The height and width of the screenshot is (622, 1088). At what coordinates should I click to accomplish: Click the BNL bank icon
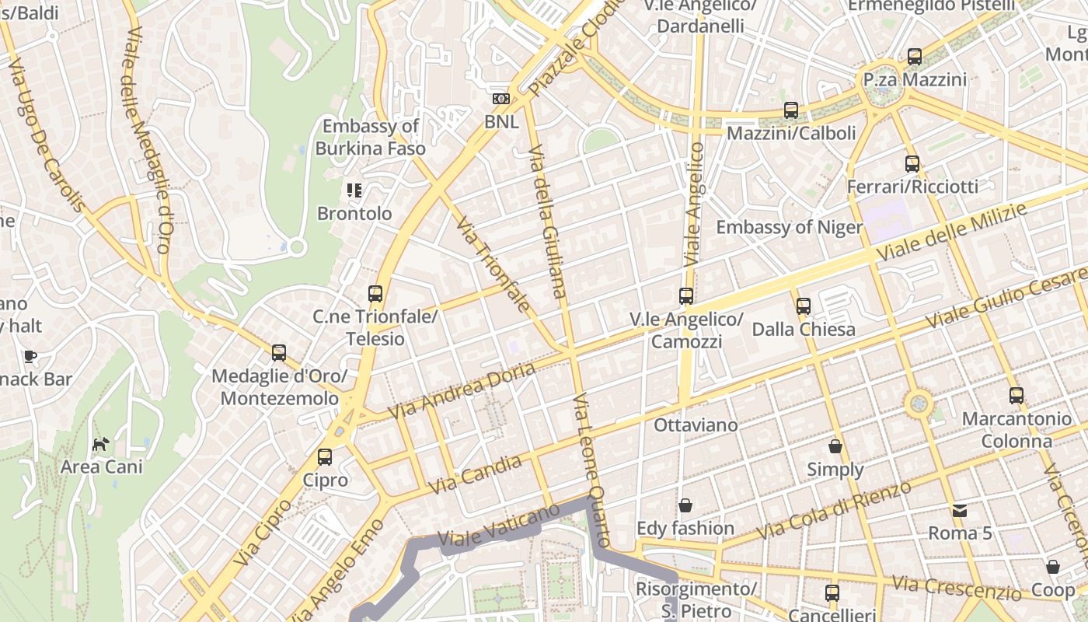(501, 99)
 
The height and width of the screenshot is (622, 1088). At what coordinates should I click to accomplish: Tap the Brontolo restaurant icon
(354, 190)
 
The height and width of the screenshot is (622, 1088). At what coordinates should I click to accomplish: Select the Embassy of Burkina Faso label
(371, 137)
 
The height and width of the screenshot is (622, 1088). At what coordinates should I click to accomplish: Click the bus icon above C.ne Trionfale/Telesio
(375, 294)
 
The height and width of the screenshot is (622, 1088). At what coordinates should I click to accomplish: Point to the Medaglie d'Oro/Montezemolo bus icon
(279, 353)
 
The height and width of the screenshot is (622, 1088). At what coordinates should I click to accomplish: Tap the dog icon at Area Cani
(101, 444)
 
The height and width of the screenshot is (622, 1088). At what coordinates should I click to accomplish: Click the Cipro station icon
(325, 457)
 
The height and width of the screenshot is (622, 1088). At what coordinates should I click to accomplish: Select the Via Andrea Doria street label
(462, 390)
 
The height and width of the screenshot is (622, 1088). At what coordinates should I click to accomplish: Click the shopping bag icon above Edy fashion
(685, 506)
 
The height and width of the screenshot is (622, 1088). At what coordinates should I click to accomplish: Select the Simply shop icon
(835, 446)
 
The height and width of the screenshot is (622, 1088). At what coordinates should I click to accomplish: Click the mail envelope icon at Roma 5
(960, 511)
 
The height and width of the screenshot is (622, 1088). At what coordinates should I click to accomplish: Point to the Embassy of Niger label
(789, 227)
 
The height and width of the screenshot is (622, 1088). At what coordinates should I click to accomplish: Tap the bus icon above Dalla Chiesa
(804, 306)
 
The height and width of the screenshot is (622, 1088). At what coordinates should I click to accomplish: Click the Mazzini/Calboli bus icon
(791, 110)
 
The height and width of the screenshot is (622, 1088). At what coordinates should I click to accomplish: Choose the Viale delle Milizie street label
(951, 232)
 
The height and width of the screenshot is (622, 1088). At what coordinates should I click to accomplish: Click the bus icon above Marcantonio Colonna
(1016, 395)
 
